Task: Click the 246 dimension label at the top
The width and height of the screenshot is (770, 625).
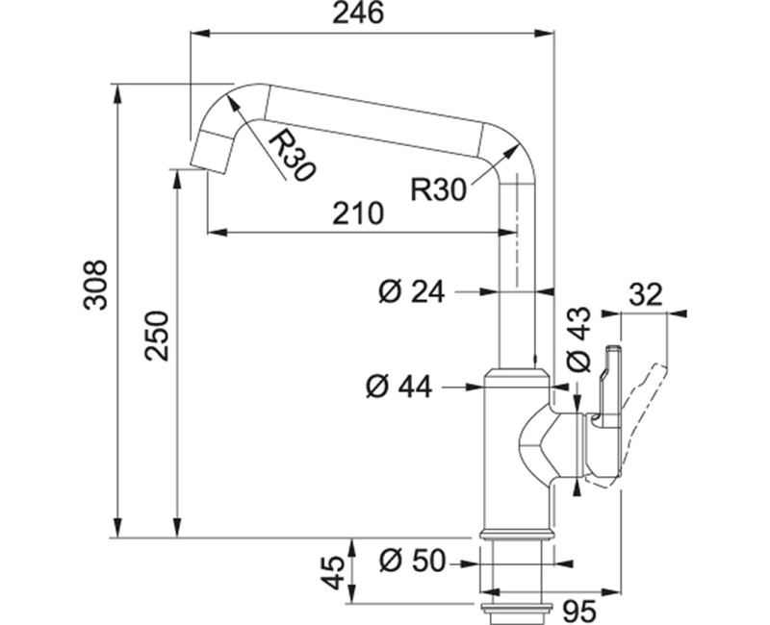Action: tap(357, 13)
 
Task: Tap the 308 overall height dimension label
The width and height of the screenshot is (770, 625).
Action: tap(95, 285)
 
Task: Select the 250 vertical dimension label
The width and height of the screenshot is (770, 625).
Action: tap(157, 336)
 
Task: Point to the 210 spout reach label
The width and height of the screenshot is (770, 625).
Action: tap(357, 213)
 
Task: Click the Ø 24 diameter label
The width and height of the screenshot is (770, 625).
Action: tap(412, 292)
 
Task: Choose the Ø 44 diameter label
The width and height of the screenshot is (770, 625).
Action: tap(398, 387)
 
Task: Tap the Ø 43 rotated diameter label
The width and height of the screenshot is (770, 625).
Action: tap(578, 339)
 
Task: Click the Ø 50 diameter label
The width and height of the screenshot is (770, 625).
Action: tap(412, 561)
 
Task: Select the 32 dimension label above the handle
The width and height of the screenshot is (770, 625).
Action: tap(646, 295)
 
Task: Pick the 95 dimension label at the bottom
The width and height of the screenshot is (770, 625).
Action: tap(579, 612)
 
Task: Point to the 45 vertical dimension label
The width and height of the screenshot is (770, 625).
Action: tap(333, 572)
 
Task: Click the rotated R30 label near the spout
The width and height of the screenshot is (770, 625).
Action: tap(292, 155)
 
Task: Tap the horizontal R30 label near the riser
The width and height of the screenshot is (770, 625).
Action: tap(438, 189)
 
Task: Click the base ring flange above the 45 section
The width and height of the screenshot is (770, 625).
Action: tap(517, 534)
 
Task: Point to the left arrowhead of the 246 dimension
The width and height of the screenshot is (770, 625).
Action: tap(200, 33)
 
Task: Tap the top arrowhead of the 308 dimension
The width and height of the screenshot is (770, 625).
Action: tap(117, 93)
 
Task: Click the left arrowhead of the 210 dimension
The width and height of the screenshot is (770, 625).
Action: tap(218, 232)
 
